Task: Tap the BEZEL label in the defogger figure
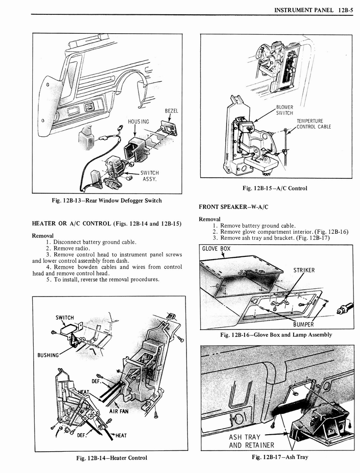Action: click(171, 111)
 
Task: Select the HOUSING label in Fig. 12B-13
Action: click(138, 121)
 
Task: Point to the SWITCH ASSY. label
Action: click(149, 176)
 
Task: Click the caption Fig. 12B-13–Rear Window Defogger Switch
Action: click(107, 200)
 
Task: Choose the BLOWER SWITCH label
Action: click(284, 110)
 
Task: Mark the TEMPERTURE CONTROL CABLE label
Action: click(313, 124)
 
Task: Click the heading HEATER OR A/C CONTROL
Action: click(106, 224)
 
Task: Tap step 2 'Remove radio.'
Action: click(68, 248)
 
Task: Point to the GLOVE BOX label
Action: click(216, 249)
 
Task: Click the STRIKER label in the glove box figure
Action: click(304, 270)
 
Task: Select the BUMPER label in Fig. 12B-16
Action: click(303, 324)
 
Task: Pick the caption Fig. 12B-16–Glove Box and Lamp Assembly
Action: click(276, 334)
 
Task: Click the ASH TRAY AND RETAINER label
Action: click(252, 441)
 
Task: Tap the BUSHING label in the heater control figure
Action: click(48, 355)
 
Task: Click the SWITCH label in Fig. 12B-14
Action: click(65, 317)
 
